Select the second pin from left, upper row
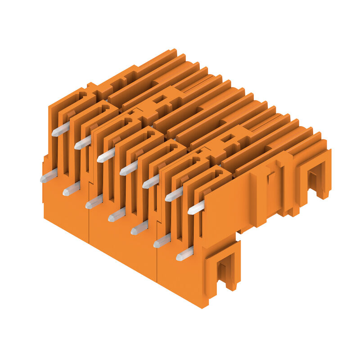pos(83,143)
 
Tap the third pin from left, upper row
pos(106,155)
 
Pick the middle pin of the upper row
pos(128,168)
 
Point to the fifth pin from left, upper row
pos(151,181)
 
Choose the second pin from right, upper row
pos(174,194)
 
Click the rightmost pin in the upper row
pos(196,207)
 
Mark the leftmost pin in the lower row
pos(49,176)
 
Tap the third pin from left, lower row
pos(94,202)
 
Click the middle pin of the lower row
pos(117,215)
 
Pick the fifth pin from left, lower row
pos(139,228)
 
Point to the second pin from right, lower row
pos(162,240)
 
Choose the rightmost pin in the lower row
pos(184,253)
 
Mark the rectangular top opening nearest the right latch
pos(227,138)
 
